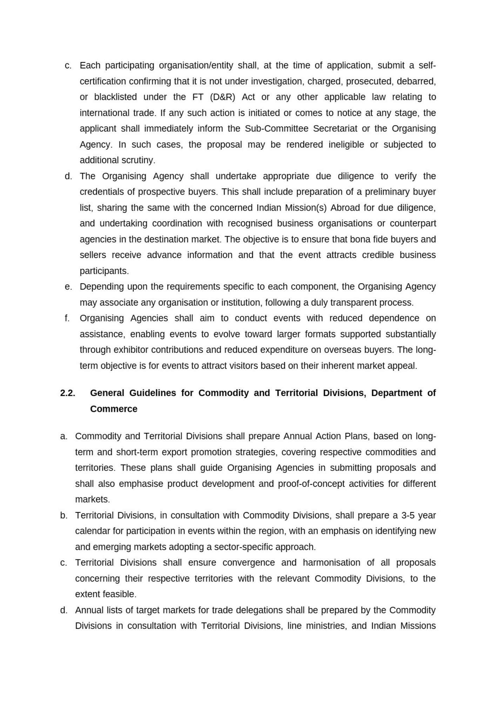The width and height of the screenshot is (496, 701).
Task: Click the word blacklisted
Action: point(115,97)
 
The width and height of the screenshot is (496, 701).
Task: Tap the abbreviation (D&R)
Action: point(222,97)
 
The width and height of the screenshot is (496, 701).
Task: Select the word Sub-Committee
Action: point(276,129)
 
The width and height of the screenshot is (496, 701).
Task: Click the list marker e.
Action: point(68,287)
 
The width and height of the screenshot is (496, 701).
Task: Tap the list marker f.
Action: point(67,318)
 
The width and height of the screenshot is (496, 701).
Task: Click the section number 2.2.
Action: point(68,393)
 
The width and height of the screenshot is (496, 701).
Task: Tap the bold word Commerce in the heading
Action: point(114,409)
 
